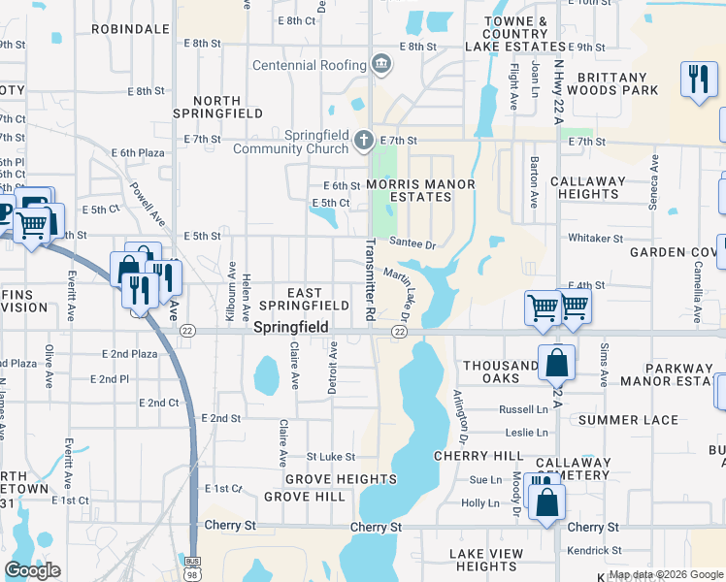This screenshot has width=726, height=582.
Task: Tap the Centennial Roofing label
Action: (309, 66)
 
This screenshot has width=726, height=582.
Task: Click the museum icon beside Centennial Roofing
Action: (381, 65)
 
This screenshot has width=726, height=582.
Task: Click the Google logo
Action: (33, 570)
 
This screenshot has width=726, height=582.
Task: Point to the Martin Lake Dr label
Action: (406, 297)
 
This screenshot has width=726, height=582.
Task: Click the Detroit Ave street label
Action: (332, 367)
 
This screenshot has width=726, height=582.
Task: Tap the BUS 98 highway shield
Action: (192, 566)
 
